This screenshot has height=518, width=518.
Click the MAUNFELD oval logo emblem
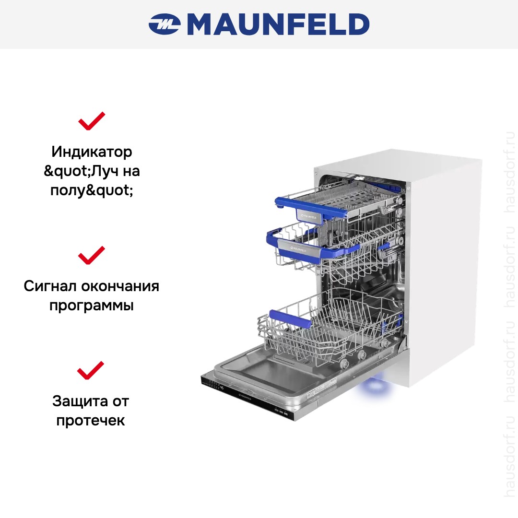pos(164,24)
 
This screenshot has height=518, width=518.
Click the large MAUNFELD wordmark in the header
pos(278,24)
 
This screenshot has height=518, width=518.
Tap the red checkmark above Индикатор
pos(92,121)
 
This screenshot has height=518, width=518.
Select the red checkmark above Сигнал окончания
pos(92,255)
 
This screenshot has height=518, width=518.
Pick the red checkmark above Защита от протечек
pos(91,370)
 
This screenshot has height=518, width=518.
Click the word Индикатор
pos(92,152)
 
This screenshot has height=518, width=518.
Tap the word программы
pos(92,306)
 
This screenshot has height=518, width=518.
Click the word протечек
pos(91,421)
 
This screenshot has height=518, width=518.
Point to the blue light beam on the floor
pos(375,387)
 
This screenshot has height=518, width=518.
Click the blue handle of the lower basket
pos(290,319)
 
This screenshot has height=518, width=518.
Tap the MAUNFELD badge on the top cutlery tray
pos(308,217)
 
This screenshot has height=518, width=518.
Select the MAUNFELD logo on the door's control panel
pos(245,397)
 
